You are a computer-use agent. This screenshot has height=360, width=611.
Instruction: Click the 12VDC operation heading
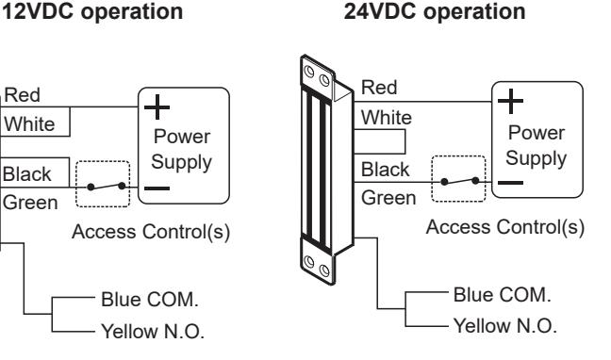[x=92, y=11]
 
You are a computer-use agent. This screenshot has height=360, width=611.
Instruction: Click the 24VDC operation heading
[x=435, y=11]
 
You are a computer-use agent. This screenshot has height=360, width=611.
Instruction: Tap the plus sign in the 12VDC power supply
[x=157, y=106]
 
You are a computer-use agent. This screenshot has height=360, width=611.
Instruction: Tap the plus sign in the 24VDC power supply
[x=510, y=101]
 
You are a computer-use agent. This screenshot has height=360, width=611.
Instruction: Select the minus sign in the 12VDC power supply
[x=157, y=188]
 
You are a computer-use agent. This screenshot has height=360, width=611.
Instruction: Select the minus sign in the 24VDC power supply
[x=510, y=182]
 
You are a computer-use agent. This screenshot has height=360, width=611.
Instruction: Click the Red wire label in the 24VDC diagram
[x=379, y=88]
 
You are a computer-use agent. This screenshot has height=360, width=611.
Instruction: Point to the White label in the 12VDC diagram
[x=29, y=124]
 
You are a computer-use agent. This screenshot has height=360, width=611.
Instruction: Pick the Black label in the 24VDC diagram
[x=385, y=170]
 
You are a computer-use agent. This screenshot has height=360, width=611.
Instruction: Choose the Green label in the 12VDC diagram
[x=30, y=203]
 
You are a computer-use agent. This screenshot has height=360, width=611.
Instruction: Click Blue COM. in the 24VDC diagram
[x=503, y=295]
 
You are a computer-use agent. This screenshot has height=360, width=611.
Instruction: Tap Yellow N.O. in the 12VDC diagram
[x=153, y=332]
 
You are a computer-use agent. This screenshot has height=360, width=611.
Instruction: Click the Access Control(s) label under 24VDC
[x=505, y=227]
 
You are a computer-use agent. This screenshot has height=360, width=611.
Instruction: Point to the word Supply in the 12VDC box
[x=182, y=162]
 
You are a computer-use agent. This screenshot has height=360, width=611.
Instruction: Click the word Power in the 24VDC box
[x=537, y=133]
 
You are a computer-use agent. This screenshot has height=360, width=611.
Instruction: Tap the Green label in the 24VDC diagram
[x=388, y=198]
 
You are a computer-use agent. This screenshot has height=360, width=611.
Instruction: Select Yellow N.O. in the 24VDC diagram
[x=505, y=326]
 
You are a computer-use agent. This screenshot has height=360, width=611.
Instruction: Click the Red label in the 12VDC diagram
[x=23, y=95]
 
